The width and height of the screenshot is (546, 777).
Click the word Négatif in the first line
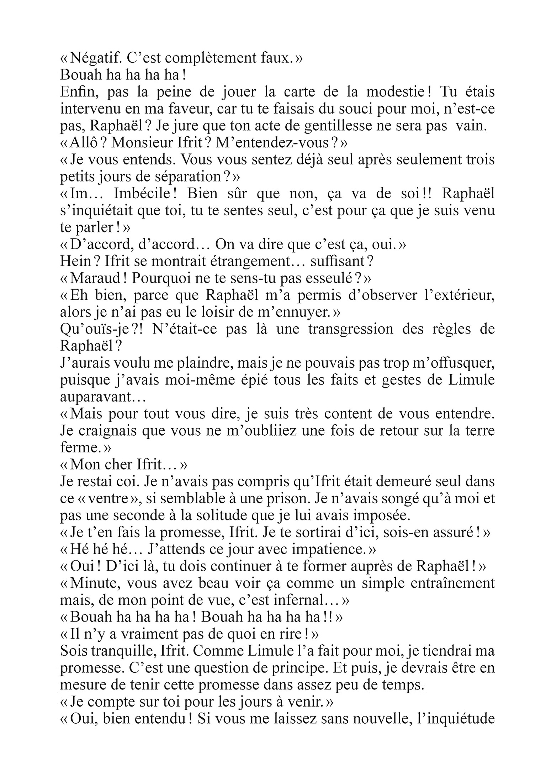point(92,58)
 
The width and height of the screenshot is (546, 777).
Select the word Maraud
point(92,279)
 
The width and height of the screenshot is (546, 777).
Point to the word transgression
point(351,329)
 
